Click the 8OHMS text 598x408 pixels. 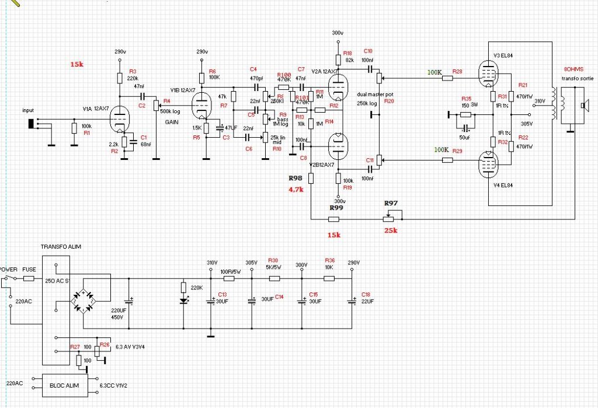click(x=575, y=69)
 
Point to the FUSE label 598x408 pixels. click(x=29, y=270)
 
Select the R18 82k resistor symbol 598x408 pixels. click(x=338, y=59)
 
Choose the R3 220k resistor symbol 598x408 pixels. click(x=119, y=78)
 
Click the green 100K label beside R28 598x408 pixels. click(x=434, y=72)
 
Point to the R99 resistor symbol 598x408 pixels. click(x=333, y=219)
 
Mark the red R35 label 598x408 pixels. click(x=465, y=99)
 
